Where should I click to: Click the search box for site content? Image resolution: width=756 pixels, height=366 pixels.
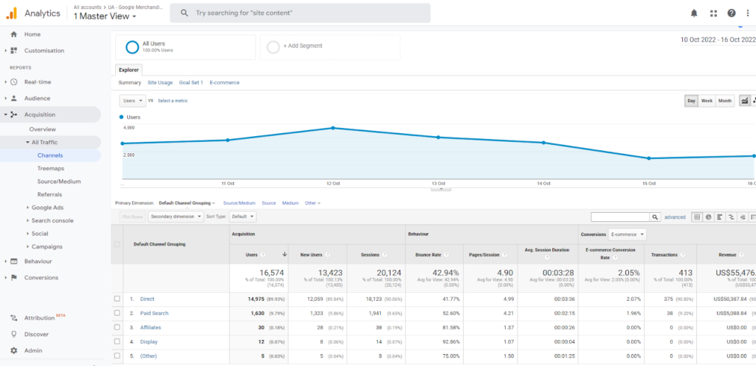click(x=300, y=13)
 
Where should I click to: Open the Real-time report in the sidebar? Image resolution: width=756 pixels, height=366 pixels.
click(x=37, y=82)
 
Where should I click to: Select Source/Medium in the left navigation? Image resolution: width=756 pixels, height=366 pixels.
click(x=59, y=181)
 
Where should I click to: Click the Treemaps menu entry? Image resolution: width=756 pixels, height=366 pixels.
click(x=50, y=169)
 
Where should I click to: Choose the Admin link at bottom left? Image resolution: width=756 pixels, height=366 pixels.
click(x=32, y=350)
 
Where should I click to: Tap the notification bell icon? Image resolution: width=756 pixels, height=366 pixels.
click(x=693, y=13)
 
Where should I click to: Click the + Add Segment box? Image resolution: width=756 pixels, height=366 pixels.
click(x=330, y=46)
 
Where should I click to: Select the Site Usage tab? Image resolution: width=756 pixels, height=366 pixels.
click(x=159, y=83)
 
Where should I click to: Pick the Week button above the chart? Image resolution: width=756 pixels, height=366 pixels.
click(x=707, y=101)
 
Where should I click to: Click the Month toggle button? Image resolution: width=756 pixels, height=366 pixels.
click(x=725, y=101)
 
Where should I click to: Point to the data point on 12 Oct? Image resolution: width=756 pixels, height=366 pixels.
click(x=333, y=128)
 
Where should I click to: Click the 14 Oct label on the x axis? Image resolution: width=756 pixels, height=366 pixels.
click(x=544, y=183)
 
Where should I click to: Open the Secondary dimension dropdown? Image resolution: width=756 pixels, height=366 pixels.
click(x=176, y=217)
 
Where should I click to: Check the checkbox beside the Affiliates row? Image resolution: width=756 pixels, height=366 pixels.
click(x=117, y=327)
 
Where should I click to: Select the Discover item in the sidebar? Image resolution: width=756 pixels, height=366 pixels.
click(x=36, y=334)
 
